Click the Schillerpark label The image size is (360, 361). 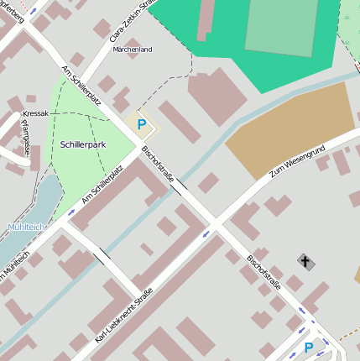[83, 144]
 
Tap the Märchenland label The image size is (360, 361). [132, 50]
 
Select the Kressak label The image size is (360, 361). [35, 112]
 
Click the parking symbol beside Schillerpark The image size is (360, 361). [141, 124]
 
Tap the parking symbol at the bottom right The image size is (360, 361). [308, 347]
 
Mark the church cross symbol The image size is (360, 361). [306, 262]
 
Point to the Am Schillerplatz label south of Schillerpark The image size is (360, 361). [102, 185]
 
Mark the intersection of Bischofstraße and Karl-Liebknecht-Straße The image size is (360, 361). [214, 224]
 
